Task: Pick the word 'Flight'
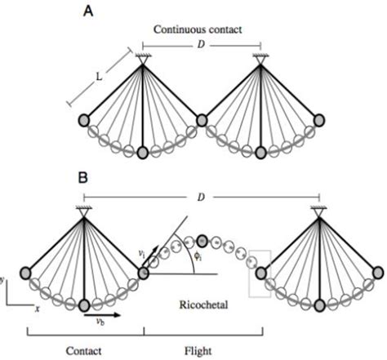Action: click(x=202, y=350)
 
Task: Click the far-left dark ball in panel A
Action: click(x=84, y=121)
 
